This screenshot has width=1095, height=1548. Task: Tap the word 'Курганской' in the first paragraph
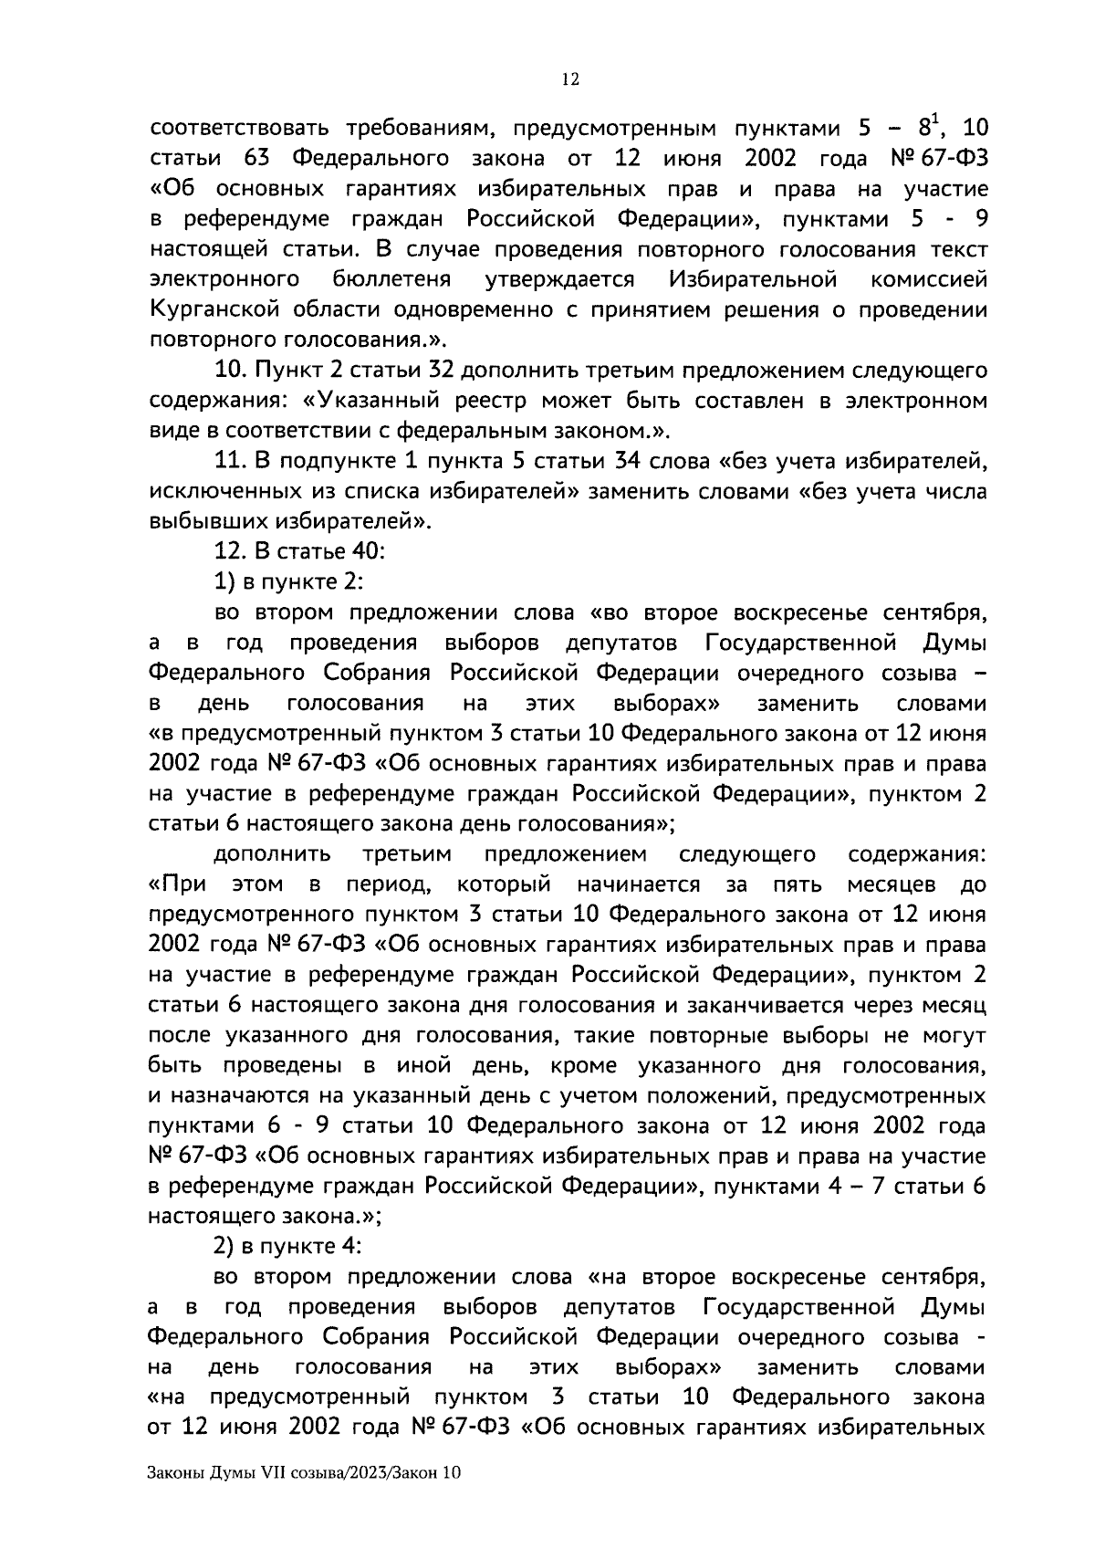(x=214, y=310)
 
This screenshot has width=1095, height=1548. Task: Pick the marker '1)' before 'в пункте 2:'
(x=224, y=582)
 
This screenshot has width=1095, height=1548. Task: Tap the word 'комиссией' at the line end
(x=929, y=280)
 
